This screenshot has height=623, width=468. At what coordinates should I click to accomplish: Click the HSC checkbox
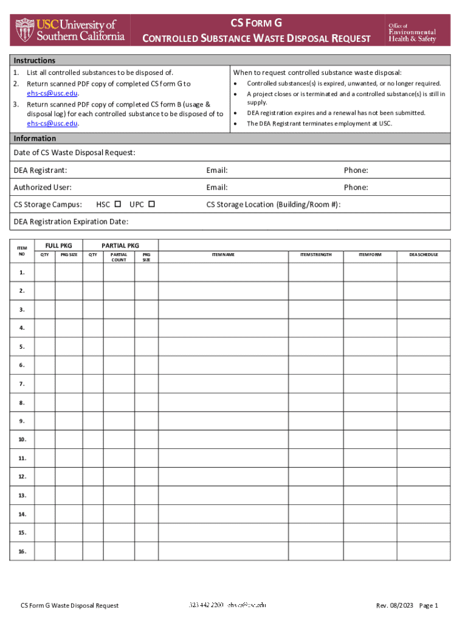[x=118, y=204]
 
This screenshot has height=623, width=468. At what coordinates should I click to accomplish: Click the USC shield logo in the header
[x=26, y=29]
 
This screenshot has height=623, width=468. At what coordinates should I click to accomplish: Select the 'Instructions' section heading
[x=35, y=60]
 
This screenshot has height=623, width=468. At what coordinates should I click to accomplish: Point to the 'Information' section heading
[x=35, y=138]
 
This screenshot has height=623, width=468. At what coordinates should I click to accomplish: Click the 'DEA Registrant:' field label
[x=40, y=170]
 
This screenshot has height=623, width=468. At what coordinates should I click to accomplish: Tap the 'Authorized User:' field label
[x=43, y=187]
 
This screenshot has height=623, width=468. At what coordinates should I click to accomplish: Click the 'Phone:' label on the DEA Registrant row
[x=356, y=170]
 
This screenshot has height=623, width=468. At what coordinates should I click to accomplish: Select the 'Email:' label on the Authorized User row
[x=217, y=187]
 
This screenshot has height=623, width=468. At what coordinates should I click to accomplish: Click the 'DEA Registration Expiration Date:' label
[x=71, y=221]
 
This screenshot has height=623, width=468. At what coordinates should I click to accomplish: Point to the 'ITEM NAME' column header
[x=223, y=254]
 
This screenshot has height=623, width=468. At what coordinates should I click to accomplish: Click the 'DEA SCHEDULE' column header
[x=423, y=254]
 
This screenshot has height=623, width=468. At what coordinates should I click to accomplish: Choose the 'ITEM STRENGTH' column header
[x=316, y=254]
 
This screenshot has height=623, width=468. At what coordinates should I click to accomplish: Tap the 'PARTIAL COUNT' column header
[x=119, y=257]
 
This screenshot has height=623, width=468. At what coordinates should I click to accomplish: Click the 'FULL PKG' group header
[x=58, y=245]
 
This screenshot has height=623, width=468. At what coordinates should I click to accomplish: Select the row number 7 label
[x=22, y=384]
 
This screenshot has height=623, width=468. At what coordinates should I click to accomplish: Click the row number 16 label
[x=22, y=551]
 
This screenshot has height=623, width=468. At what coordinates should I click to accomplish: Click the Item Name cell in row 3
[x=223, y=310]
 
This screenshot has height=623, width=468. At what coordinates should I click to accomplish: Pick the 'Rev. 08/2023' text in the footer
[x=394, y=605]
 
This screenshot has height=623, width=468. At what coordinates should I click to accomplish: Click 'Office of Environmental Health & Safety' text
[x=412, y=32]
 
